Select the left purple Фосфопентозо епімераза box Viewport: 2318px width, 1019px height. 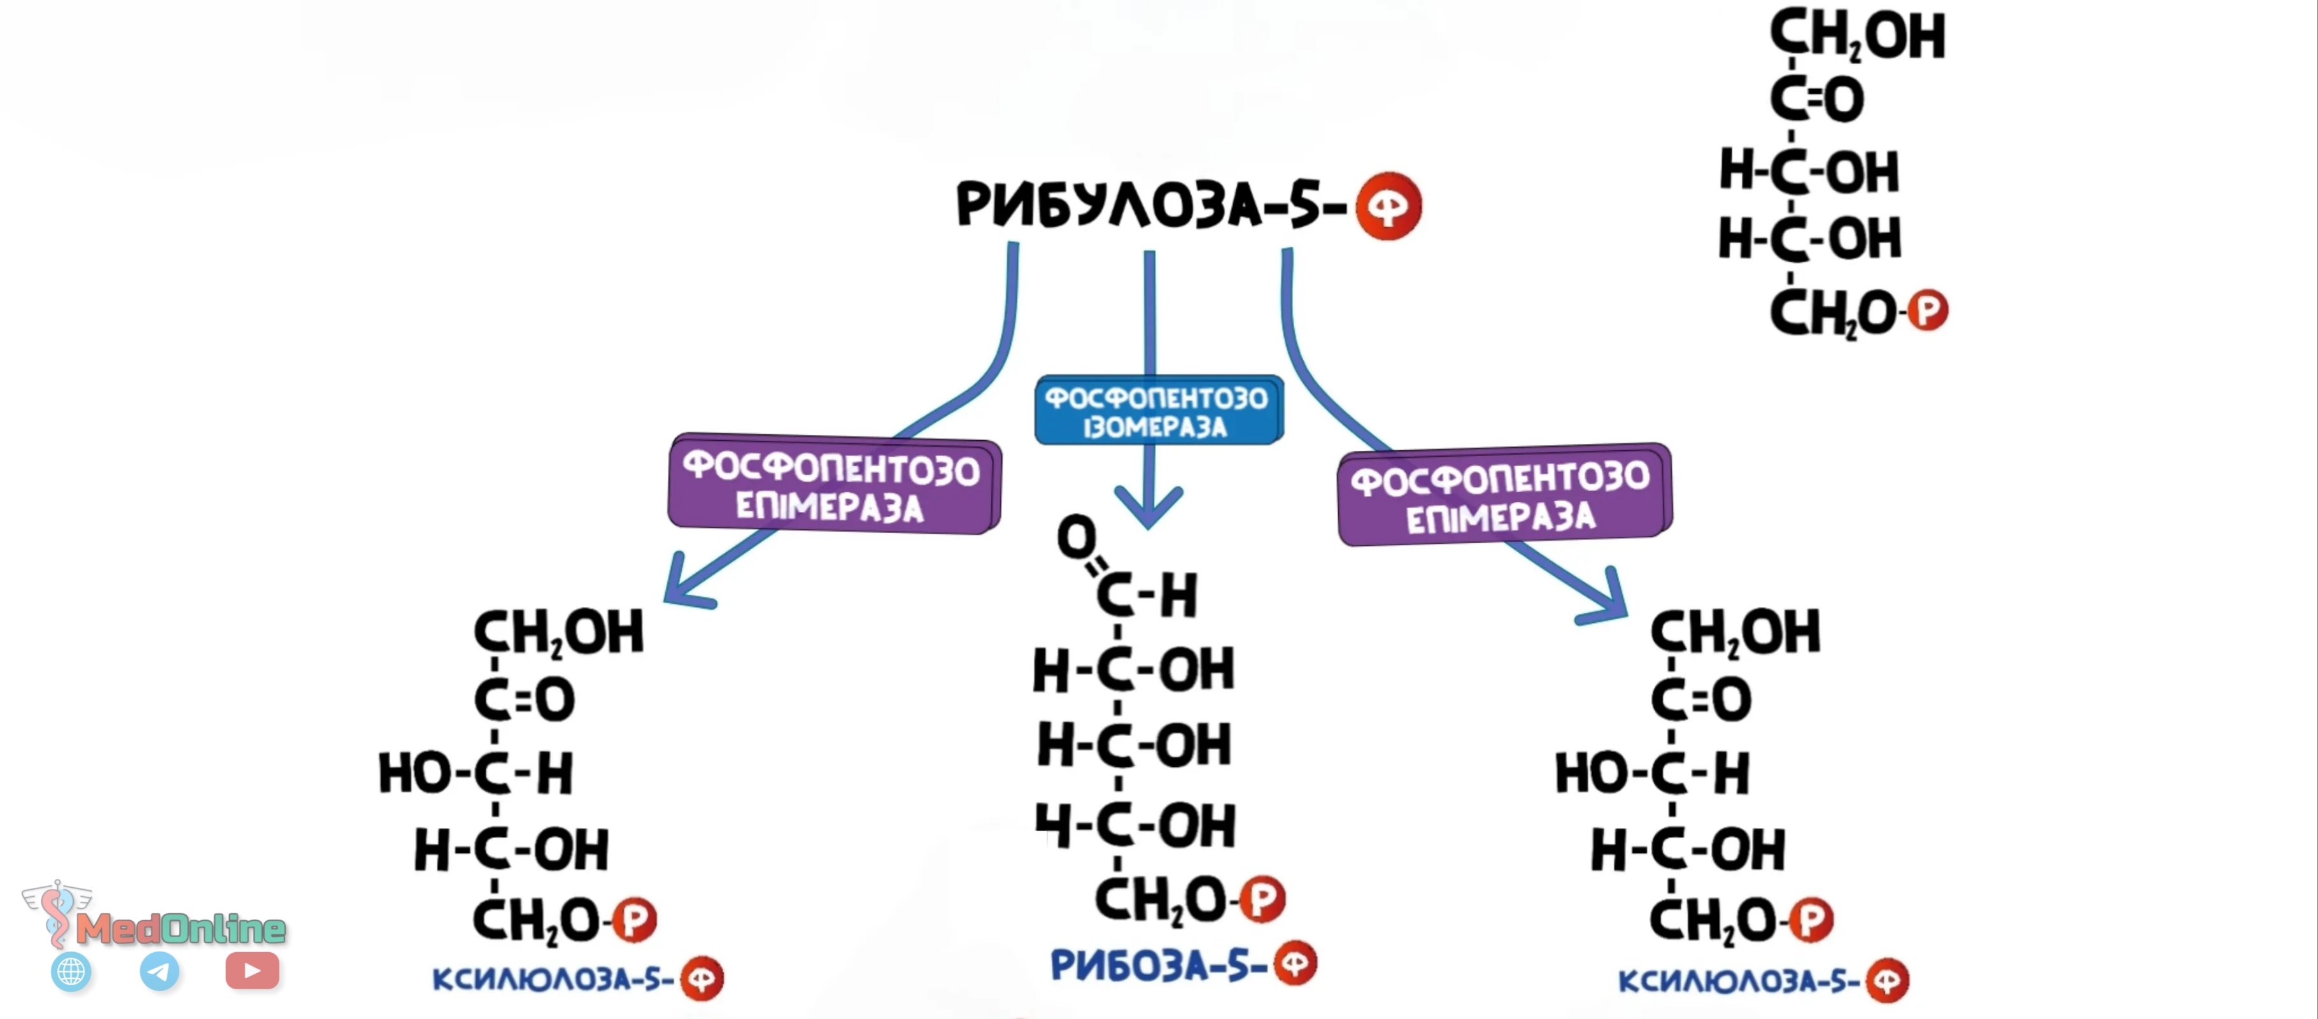click(834, 484)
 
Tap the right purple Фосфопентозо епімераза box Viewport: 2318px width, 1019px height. click(1504, 494)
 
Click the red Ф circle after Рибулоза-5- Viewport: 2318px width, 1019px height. click(1389, 206)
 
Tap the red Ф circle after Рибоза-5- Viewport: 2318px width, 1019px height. click(1296, 962)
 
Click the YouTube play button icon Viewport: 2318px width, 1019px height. click(252, 971)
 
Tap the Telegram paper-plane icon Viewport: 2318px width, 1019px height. click(159, 971)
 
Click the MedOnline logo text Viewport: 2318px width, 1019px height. click(181, 928)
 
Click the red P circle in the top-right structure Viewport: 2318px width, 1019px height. click(1928, 311)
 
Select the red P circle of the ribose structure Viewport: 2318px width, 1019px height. click(1262, 899)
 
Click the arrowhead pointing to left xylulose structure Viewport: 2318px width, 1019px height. click(686, 583)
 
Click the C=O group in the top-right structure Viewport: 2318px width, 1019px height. click(1817, 98)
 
